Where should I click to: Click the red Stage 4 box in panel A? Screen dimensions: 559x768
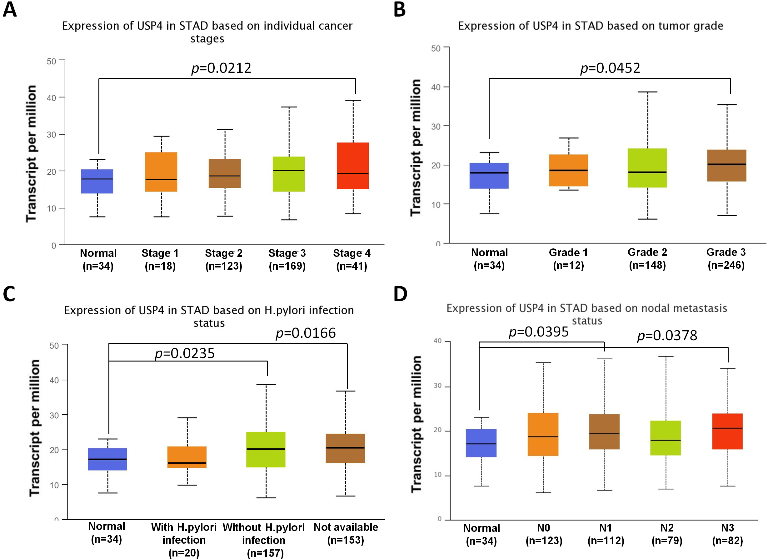click(352, 166)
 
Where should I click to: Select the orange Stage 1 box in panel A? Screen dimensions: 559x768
click(161, 172)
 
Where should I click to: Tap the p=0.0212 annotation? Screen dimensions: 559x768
click(221, 68)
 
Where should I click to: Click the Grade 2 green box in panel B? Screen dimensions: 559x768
click(647, 167)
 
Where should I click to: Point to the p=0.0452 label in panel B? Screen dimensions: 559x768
click(610, 68)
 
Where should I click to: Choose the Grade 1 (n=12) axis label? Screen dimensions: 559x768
click(568, 259)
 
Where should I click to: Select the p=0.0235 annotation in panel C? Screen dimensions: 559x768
click(185, 353)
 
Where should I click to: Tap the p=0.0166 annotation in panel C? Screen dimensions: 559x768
click(306, 333)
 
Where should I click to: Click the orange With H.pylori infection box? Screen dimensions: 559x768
click(187, 457)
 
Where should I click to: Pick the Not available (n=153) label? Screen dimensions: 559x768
click(346, 533)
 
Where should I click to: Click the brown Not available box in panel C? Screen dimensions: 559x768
click(345, 448)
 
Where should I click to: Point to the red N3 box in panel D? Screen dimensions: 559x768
click(727, 431)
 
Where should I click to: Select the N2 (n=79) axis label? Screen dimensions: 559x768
click(667, 534)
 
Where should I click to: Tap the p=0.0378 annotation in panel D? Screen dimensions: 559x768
click(667, 336)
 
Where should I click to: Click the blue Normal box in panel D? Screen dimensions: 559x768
click(481, 443)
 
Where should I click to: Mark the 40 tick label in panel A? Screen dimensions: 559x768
click(52, 98)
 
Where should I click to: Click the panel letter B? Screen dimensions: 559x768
click(400, 9)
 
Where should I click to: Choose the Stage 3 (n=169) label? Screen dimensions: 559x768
click(287, 259)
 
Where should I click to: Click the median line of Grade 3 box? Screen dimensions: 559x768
click(727, 164)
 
